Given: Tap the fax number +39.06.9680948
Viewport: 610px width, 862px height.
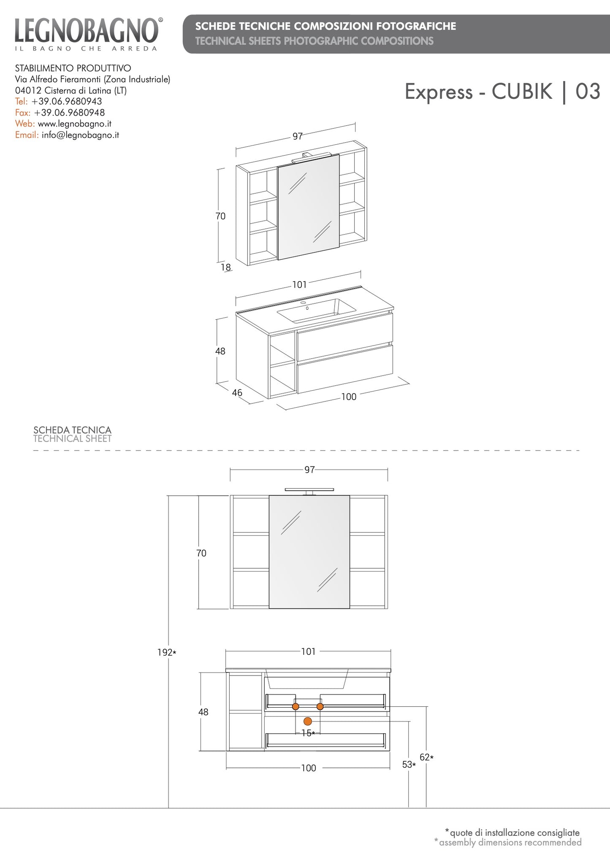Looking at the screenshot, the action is tap(70, 113).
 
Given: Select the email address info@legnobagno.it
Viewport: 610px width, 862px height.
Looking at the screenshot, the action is tap(80, 135).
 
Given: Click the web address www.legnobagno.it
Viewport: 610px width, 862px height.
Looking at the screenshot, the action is tap(75, 124).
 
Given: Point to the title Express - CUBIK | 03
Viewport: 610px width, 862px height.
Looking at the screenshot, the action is tap(502, 92).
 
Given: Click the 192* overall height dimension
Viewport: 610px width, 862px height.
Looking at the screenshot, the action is tap(167, 652).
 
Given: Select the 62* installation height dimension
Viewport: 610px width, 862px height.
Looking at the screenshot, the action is tap(427, 757).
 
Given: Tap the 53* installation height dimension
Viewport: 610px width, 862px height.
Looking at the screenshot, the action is tap(409, 765).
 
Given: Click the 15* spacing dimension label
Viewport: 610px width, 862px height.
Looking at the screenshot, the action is tap(308, 733).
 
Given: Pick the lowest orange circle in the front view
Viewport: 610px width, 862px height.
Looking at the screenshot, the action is tap(308, 721).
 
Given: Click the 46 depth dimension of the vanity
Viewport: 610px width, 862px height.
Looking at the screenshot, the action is tap(237, 393).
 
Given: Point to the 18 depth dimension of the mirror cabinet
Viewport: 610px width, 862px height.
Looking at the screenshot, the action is tap(226, 267).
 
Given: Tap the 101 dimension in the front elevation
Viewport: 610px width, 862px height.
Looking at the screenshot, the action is tap(308, 651).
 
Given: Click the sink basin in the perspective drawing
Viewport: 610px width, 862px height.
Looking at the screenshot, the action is tap(316, 311).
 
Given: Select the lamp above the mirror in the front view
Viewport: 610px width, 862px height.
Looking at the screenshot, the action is tap(309, 491).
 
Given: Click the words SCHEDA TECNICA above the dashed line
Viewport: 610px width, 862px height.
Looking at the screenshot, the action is tap(72, 430).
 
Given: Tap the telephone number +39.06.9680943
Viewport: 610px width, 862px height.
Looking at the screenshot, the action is tap(67, 101).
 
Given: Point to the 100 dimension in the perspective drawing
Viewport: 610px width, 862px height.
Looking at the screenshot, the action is tap(349, 397).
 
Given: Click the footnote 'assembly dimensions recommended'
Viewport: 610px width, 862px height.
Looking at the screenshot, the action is tap(510, 842).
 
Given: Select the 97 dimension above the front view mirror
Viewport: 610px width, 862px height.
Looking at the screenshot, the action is tap(309, 470).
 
